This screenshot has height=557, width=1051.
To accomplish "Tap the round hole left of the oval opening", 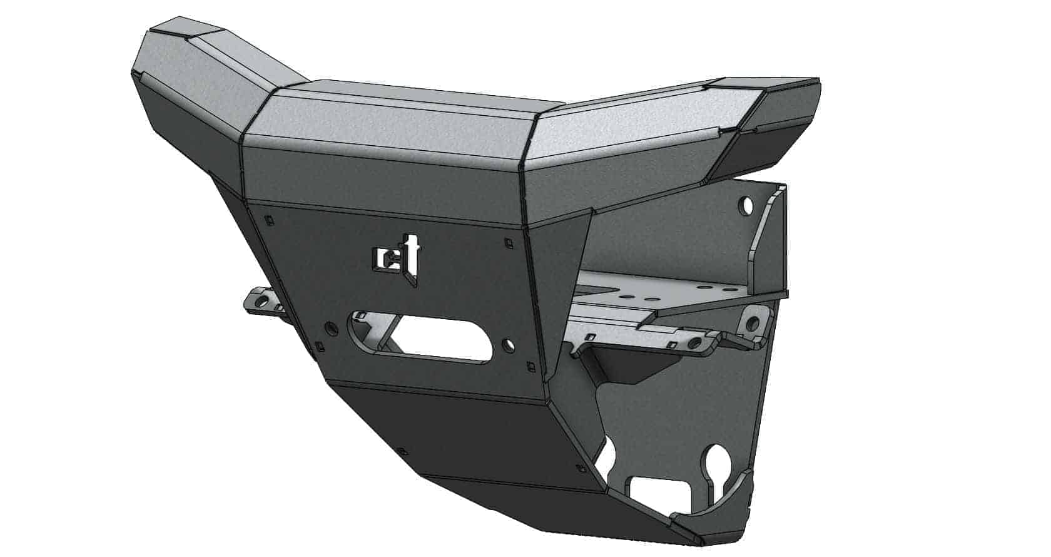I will coord(331,327).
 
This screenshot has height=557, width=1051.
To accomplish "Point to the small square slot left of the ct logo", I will coord(268,220).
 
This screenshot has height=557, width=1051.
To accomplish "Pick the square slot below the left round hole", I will coord(321,345).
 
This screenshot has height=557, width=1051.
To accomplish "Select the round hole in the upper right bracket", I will coord(746,204).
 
